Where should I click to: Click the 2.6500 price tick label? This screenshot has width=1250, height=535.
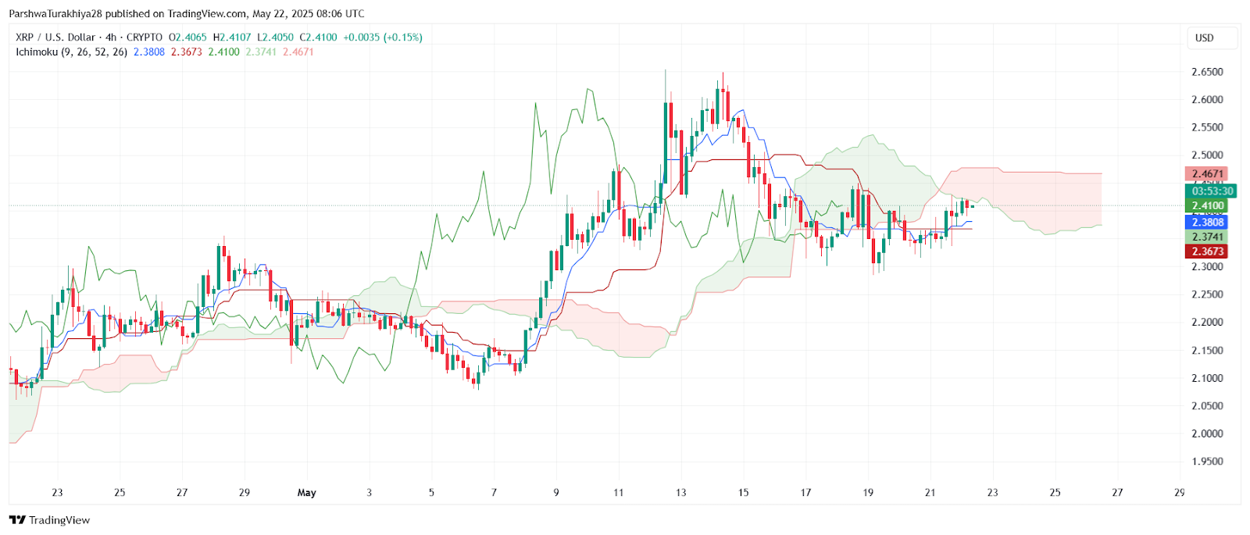(x=1207, y=72)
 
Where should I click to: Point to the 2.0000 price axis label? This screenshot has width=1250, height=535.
(x=1207, y=433)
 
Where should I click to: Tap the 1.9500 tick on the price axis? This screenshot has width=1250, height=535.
(x=1207, y=462)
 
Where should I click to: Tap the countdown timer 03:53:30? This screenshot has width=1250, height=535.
(x=1212, y=191)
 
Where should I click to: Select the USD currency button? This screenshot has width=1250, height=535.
(x=1204, y=37)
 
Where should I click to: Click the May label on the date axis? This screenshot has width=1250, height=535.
(x=306, y=493)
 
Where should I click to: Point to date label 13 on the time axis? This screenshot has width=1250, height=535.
(x=680, y=493)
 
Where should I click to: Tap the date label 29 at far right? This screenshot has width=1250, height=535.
(x=1179, y=493)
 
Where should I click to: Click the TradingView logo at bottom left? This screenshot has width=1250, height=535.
(x=50, y=520)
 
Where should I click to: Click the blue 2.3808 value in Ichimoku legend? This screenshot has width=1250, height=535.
(x=148, y=52)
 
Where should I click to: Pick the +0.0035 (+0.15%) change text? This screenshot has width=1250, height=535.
(x=383, y=37)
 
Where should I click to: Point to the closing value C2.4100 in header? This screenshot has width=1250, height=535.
(x=319, y=37)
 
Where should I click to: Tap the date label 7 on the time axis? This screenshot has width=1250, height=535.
(x=494, y=493)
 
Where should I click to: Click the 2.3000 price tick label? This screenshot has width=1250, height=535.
(x=1207, y=267)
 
